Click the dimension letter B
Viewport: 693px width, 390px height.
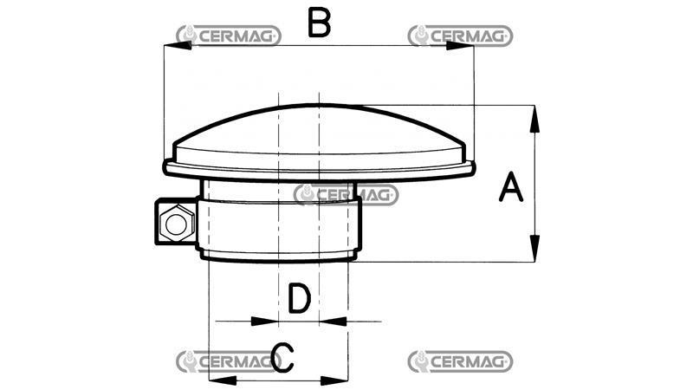[x=320, y=23]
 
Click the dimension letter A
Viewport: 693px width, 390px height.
[x=511, y=187]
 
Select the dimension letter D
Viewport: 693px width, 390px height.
[x=300, y=298]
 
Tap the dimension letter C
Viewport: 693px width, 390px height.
[x=283, y=357]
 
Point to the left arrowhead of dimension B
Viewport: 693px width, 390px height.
[x=178, y=45]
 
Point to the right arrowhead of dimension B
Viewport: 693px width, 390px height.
[x=460, y=45]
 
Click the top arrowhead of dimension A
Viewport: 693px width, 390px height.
[x=534, y=119]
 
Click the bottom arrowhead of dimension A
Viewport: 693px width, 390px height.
[x=534, y=249]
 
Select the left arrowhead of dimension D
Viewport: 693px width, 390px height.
[x=264, y=321]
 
